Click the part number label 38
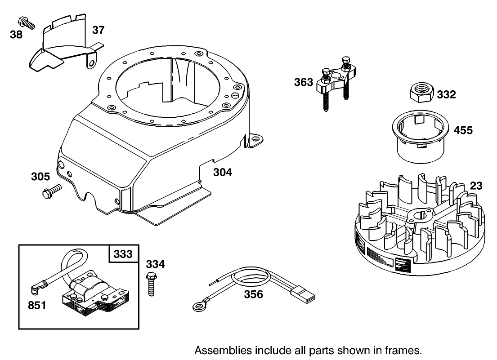click(x=16, y=34)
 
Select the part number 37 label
click(x=98, y=30)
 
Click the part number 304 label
click(x=223, y=172)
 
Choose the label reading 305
click(x=40, y=177)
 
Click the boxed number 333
click(x=122, y=254)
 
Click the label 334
click(x=155, y=264)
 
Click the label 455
click(x=463, y=130)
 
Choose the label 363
click(x=304, y=83)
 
